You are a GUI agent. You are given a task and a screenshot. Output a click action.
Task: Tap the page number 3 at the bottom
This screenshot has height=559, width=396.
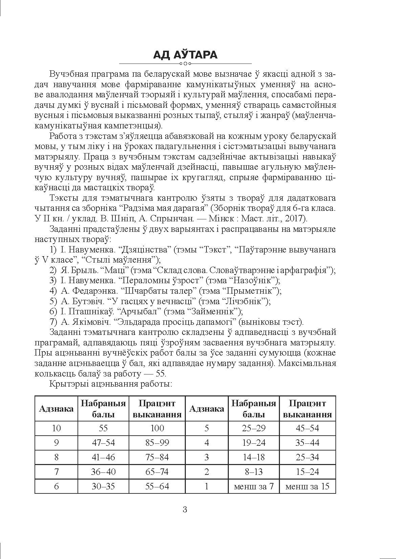[x=185, y=509]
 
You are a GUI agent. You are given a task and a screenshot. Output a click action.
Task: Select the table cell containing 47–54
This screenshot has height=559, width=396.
[x=103, y=442]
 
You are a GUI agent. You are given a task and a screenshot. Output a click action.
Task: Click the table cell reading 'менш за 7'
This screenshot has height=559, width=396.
[x=254, y=486]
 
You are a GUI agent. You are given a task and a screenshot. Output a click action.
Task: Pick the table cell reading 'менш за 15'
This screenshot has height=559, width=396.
[x=307, y=486]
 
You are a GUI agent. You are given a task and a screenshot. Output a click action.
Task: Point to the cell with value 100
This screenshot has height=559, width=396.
[x=157, y=428]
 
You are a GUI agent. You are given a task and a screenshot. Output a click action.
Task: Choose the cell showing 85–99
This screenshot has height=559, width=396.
[x=157, y=442]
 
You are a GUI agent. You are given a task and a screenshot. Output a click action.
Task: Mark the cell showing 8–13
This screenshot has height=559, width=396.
[x=254, y=471]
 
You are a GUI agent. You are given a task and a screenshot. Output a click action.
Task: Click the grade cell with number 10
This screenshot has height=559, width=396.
[x=56, y=428]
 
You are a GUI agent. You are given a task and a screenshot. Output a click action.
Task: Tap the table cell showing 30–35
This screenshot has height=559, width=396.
[x=103, y=486]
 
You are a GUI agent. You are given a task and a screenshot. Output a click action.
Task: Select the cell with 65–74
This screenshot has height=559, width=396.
[x=157, y=471]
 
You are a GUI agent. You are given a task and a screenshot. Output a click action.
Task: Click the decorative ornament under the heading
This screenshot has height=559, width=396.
[x=185, y=64]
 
